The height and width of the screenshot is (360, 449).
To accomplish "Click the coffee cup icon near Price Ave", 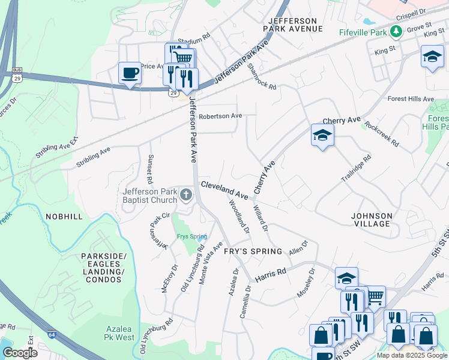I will pyautogui.click(x=130, y=74).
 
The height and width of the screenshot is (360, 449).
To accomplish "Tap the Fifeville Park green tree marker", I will pyautogui.click(x=396, y=31).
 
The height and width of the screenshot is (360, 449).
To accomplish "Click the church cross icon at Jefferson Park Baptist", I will pyautogui.click(x=186, y=195).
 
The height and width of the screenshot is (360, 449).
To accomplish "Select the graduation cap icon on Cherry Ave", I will pyautogui.click(x=322, y=136).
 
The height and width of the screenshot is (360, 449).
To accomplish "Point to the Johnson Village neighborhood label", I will pyautogui.click(x=372, y=220).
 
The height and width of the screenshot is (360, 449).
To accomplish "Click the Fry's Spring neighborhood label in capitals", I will pyautogui.click(x=252, y=251).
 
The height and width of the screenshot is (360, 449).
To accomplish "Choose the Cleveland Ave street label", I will pyautogui.click(x=224, y=190).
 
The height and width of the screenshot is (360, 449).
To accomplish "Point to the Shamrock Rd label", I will pyautogui.click(x=262, y=77).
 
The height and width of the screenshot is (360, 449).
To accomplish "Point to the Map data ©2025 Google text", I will pyautogui.click(x=412, y=355).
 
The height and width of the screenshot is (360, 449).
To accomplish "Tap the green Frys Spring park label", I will pyautogui.click(x=191, y=236).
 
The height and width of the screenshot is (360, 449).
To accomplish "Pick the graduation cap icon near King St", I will pyautogui.click(x=432, y=57).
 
